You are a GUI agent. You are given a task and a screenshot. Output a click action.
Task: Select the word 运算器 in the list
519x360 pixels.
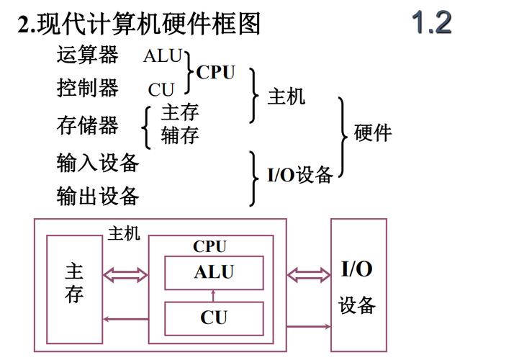point(87,55)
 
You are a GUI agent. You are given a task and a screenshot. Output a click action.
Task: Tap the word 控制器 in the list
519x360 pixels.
point(87,89)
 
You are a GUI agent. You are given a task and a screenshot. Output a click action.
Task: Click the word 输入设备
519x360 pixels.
point(98,163)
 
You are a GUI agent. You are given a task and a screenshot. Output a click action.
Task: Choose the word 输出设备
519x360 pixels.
point(98,196)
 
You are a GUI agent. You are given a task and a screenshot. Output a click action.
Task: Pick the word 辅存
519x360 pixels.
point(180,135)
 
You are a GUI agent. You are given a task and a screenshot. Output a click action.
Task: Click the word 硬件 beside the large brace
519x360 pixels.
point(373,132)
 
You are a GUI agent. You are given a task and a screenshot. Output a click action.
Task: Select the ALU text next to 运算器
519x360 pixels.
point(163,56)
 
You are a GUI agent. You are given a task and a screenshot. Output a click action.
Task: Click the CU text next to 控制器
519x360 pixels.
point(161,90)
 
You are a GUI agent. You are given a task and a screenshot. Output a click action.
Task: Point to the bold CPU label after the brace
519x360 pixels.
point(215,73)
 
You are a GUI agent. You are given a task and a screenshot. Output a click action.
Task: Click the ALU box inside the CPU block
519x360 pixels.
point(214,273)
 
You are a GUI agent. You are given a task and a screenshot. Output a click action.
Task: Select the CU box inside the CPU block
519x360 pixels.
point(214,318)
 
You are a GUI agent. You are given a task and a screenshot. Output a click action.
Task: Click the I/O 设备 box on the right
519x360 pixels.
point(358,285)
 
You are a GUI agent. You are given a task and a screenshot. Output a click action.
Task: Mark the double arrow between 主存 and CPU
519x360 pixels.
point(125,274)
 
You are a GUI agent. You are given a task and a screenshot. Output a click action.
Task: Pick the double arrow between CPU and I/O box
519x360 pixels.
point(308,274)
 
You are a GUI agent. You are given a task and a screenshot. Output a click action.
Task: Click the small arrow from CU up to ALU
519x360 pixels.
point(213,295)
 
